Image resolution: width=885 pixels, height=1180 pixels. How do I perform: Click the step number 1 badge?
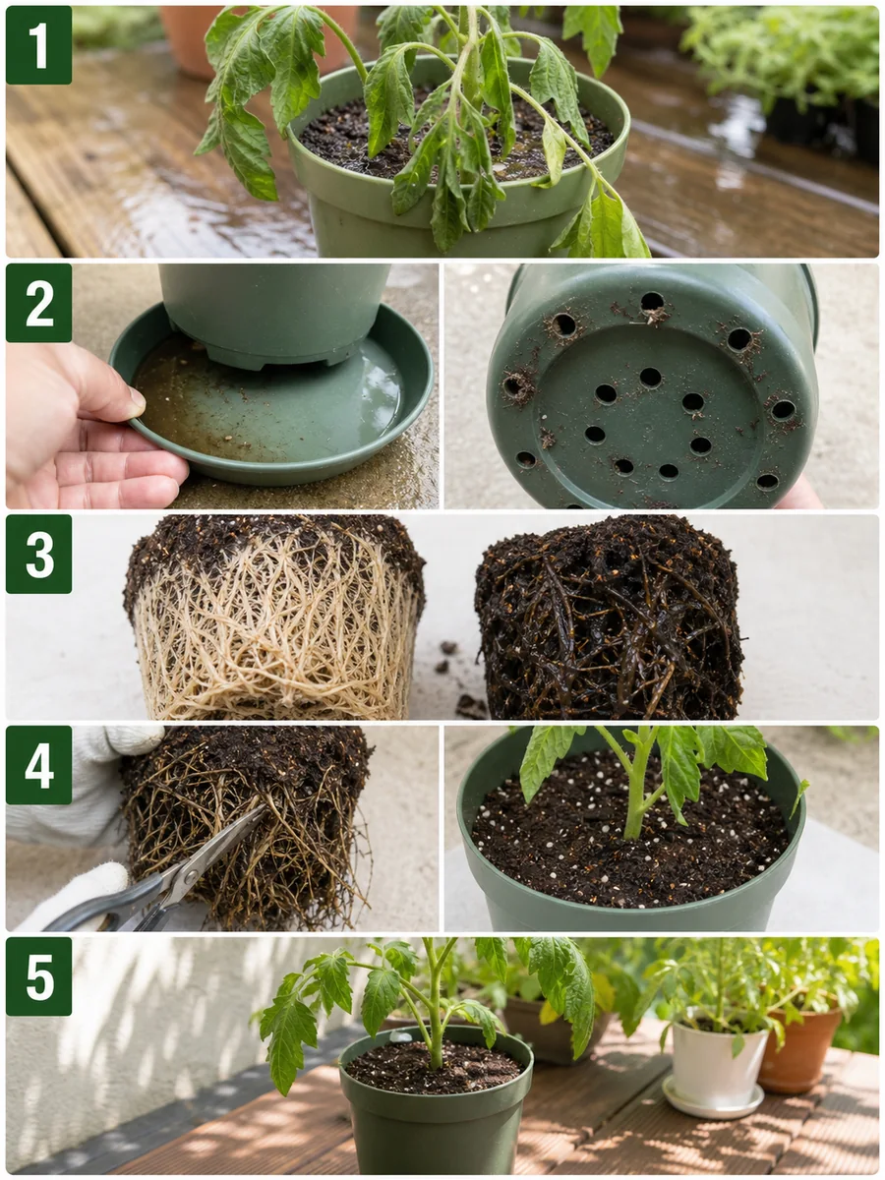38,45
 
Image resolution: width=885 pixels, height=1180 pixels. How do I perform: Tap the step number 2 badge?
38,303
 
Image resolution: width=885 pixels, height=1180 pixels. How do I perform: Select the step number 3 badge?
38,554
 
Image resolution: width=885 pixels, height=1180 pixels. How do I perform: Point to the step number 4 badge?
38,765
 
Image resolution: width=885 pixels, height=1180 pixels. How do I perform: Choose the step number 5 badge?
38,976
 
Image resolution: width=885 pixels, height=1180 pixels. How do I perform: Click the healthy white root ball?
274,619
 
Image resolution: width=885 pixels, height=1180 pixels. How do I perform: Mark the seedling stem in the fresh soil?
638,791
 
